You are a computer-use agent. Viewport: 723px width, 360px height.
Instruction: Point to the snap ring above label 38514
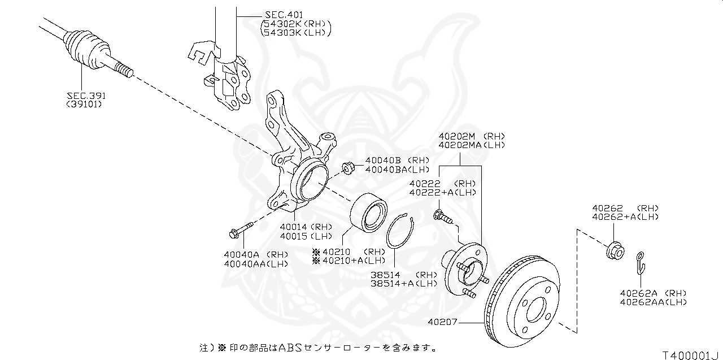point(400,231)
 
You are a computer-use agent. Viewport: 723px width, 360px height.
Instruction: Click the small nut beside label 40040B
point(348,167)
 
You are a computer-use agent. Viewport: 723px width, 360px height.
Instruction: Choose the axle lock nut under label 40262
point(615,250)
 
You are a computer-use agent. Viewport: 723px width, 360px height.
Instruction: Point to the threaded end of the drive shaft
point(124,71)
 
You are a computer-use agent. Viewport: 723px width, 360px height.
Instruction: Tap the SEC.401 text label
point(284,14)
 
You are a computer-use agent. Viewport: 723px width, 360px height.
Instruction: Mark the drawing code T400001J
point(691,354)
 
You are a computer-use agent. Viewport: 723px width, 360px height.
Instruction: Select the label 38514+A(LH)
point(404,284)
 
